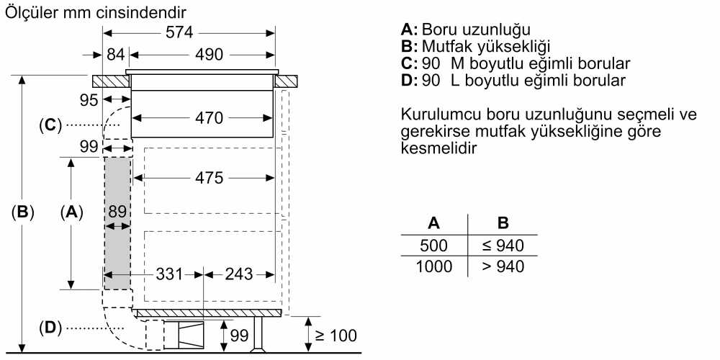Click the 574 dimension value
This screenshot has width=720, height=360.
180,32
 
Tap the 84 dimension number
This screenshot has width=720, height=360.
116,55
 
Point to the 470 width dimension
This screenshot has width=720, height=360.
209,117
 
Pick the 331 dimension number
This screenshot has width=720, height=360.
169,274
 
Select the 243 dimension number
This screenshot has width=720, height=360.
239,274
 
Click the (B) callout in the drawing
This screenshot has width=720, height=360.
24,212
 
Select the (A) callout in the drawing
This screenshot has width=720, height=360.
71,212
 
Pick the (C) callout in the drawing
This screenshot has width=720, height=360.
50,125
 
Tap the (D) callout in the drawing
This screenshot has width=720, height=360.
50,328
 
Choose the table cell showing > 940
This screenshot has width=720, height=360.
503,266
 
